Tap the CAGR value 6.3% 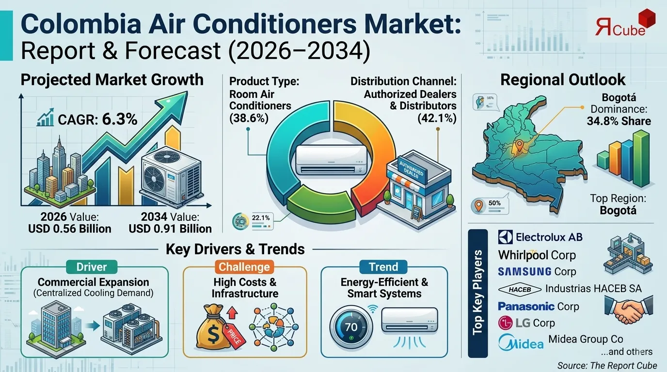[120, 119]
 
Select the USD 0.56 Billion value [70, 229]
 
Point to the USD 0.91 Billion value [170, 229]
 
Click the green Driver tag [92, 266]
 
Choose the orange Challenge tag [244, 266]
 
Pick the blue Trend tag [383, 266]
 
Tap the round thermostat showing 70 [351, 327]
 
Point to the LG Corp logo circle [506, 323]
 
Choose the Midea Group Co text [586, 339]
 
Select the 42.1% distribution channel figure [436, 118]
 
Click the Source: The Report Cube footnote [607, 365]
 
